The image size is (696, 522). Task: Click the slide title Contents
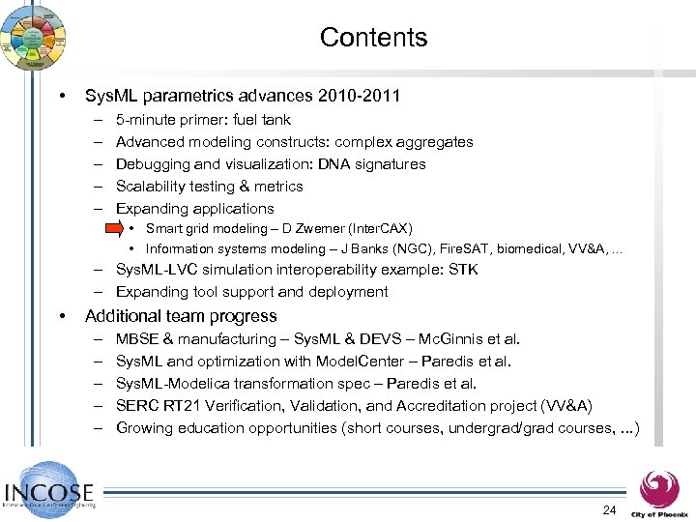point(373,38)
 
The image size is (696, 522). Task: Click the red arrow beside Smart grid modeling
point(112,229)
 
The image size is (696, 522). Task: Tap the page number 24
point(609,509)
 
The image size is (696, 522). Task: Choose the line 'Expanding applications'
point(194,209)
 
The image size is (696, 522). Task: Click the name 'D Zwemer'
point(317,229)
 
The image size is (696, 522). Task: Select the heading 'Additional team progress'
point(181,316)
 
